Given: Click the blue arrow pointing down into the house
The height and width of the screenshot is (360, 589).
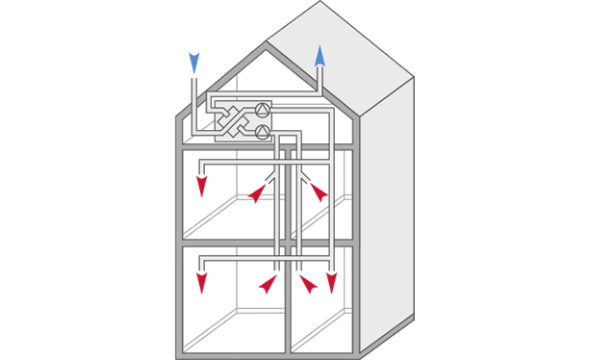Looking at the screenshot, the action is tap(194, 64).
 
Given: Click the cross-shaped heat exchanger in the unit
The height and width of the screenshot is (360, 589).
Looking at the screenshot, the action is tap(231, 121).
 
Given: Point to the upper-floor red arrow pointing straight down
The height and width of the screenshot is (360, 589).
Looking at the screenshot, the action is tap(202, 185).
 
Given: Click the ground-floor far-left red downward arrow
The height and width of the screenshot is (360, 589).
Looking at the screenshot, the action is tap(202, 283).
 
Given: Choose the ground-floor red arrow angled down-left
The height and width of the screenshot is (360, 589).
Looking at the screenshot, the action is tap(267, 284).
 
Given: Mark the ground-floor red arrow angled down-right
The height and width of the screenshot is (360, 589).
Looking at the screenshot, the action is tap(309, 284).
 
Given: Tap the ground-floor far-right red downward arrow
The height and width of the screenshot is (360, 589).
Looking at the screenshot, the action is tap(332, 283).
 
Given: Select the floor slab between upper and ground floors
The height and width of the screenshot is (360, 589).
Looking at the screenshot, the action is tap(231, 242).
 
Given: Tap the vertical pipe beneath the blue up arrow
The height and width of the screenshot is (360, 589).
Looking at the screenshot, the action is tap(320, 82).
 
